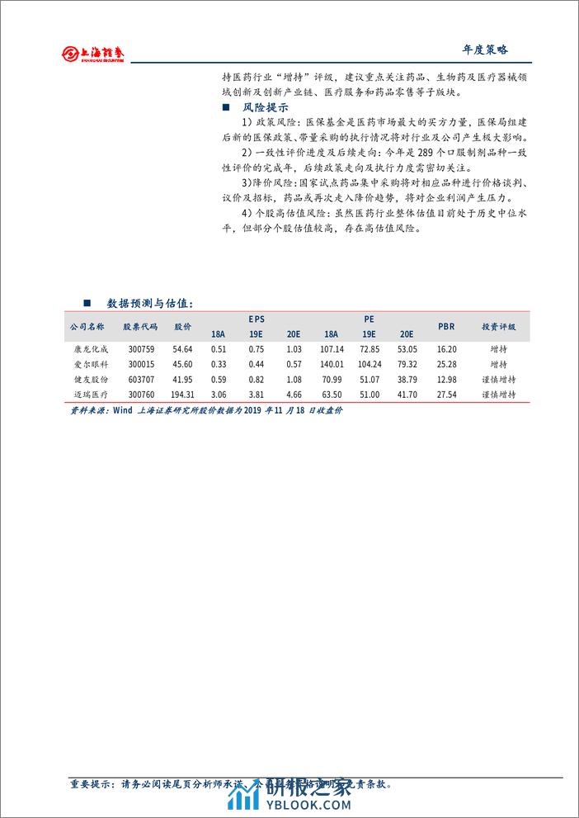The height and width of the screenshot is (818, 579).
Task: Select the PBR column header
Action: pyautogui.click(x=445, y=326)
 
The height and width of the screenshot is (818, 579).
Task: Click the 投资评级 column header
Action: pyautogui.click(x=498, y=326)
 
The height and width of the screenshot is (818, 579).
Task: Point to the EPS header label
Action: pyautogui.click(x=257, y=318)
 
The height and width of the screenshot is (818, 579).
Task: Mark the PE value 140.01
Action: pyautogui.click(x=331, y=364)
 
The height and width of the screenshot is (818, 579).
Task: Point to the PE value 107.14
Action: pyautogui.click(x=331, y=349)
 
